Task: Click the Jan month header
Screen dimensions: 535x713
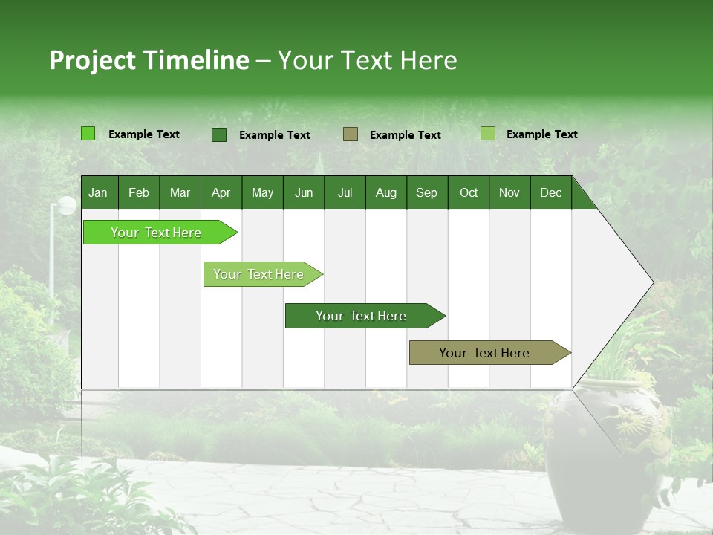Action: (x=98, y=193)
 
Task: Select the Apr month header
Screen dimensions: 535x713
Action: (x=221, y=193)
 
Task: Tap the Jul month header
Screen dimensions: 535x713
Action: (x=345, y=193)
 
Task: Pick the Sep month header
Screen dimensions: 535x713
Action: (x=426, y=193)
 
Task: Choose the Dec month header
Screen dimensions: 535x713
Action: (x=550, y=193)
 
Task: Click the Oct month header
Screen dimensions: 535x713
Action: (x=469, y=193)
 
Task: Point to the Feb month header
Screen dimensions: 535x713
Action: (x=139, y=193)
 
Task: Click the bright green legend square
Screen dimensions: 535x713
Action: (x=88, y=134)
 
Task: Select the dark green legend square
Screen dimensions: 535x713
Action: (x=219, y=134)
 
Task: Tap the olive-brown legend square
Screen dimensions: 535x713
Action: (x=351, y=134)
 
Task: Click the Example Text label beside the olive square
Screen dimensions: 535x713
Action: (x=405, y=135)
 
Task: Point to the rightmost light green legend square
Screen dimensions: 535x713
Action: (x=488, y=134)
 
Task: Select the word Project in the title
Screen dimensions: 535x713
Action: (x=91, y=61)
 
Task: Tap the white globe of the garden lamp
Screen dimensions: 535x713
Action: (x=67, y=205)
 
